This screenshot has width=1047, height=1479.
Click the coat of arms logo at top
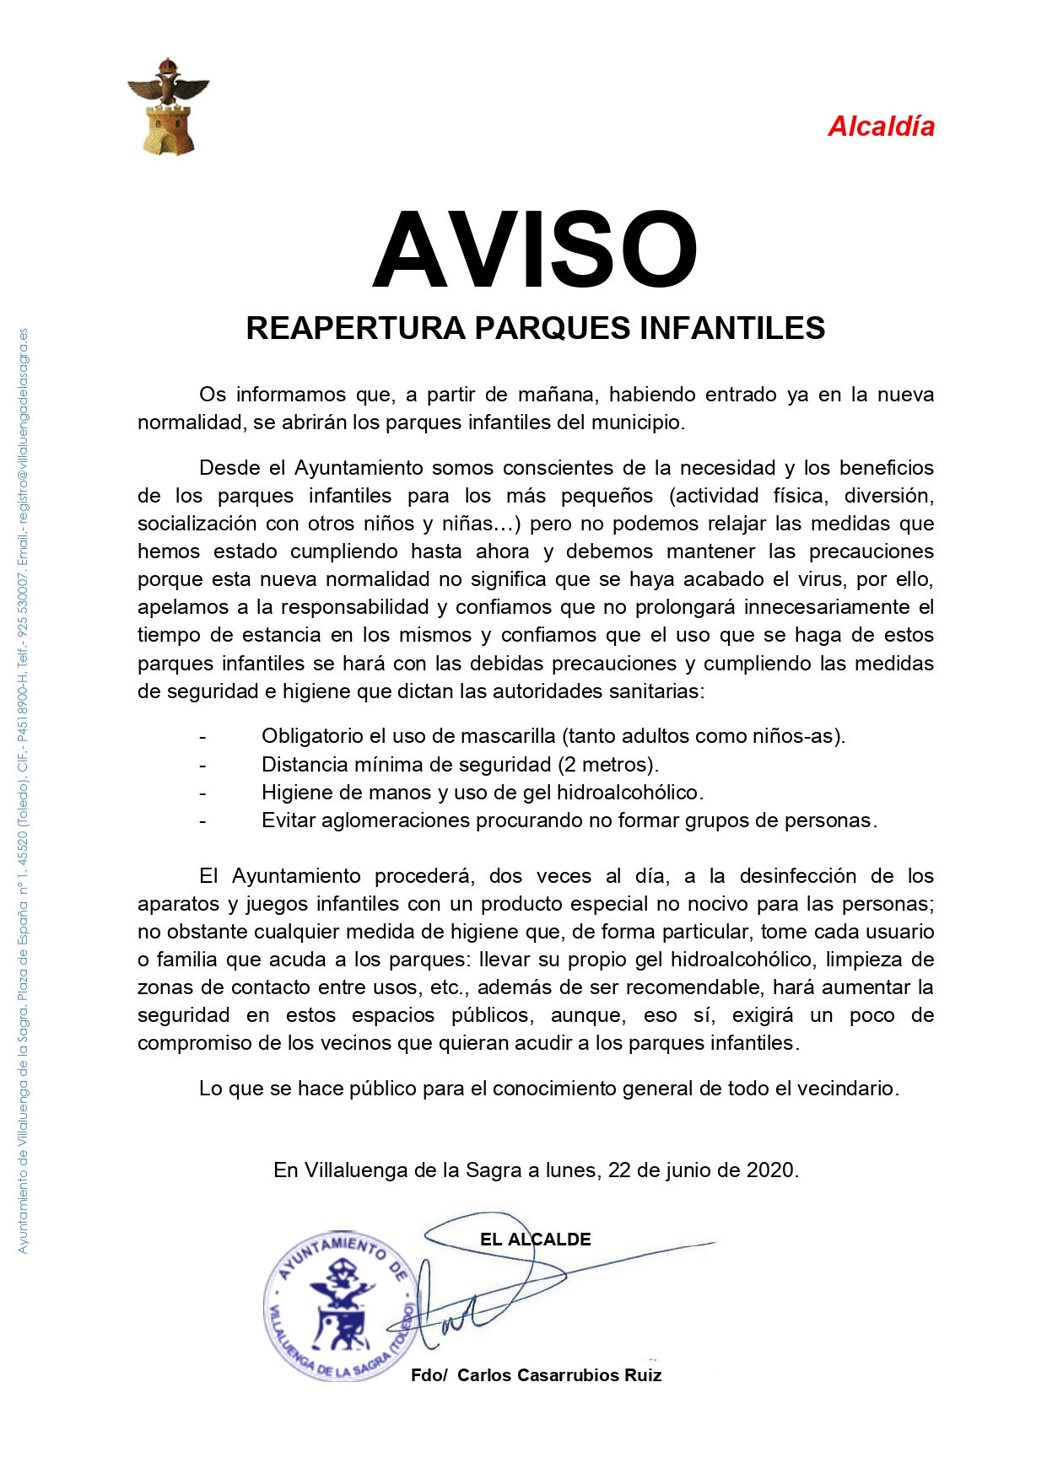point(169,107)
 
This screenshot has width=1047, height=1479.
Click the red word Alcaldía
point(881,126)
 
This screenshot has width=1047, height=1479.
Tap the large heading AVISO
point(535,250)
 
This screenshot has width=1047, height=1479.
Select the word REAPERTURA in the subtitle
point(355,328)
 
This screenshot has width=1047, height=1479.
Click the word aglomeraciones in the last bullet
point(397,820)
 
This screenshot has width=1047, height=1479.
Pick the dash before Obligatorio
point(202,736)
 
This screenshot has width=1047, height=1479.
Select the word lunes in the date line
point(572,1170)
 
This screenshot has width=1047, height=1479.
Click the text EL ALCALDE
point(536,1240)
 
